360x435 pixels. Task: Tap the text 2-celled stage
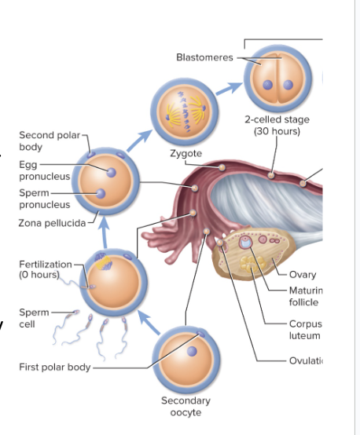coord(276,119)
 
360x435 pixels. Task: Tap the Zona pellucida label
coord(52,223)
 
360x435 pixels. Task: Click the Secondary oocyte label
coord(186,407)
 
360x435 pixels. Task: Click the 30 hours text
coord(276,130)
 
